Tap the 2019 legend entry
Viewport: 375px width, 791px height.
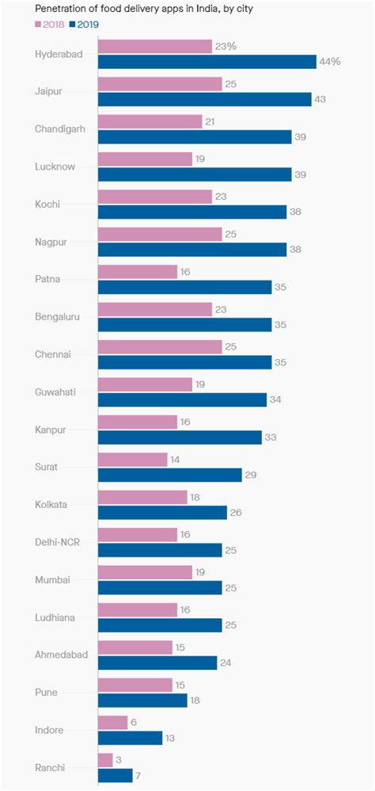coord(82,24)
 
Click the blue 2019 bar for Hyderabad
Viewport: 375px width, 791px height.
coord(206,62)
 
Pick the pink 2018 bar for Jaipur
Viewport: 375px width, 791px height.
coord(160,84)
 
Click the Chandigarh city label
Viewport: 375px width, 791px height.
coord(61,128)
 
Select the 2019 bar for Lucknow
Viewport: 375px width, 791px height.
coord(195,174)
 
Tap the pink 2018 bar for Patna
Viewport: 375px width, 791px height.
coord(138,271)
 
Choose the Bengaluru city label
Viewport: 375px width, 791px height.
coord(62,316)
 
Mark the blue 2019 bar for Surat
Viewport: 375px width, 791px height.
coord(169,474)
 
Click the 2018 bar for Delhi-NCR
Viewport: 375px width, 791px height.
coord(138,535)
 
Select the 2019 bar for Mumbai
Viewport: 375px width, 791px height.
coord(160,587)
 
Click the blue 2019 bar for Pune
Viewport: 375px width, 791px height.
coord(142,700)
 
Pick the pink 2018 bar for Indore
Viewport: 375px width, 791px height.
coord(112,722)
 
